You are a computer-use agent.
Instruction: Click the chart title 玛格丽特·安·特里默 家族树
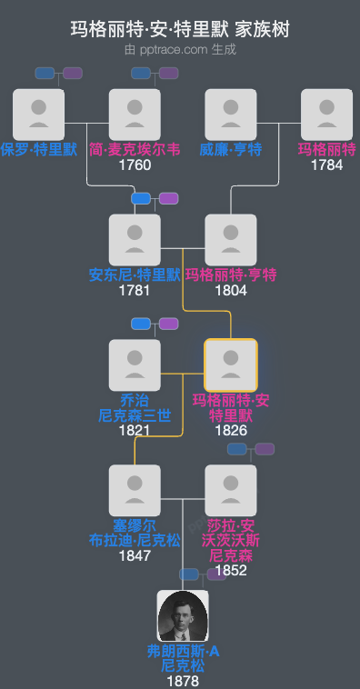(x=180, y=29)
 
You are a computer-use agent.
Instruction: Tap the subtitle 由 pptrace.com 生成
(x=180, y=49)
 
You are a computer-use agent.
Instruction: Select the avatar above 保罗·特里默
(x=39, y=115)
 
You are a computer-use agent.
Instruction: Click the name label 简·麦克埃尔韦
(x=135, y=149)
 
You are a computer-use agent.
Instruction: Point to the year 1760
(x=135, y=165)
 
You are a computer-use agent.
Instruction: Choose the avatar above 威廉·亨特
(x=231, y=115)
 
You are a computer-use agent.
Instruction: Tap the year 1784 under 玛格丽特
(x=326, y=165)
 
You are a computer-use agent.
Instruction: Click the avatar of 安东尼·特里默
(x=135, y=240)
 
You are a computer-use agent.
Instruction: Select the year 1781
(x=135, y=291)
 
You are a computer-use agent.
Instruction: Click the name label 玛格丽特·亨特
(x=231, y=275)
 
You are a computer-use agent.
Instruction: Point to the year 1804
(x=231, y=291)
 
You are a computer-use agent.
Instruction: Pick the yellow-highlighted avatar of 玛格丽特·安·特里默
(x=231, y=365)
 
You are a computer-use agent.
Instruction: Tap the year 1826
(x=231, y=431)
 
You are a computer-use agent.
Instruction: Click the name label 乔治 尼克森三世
(x=135, y=407)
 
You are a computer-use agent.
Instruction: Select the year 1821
(x=135, y=431)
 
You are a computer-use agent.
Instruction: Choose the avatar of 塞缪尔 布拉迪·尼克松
(x=135, y=491)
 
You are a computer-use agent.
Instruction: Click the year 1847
(x=135, y=555)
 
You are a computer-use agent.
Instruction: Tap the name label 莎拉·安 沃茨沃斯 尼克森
(x=231, y=540)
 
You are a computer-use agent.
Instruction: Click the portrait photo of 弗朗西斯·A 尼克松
(x=183, y=616)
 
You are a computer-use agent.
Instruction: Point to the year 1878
(x=183, y=681)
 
